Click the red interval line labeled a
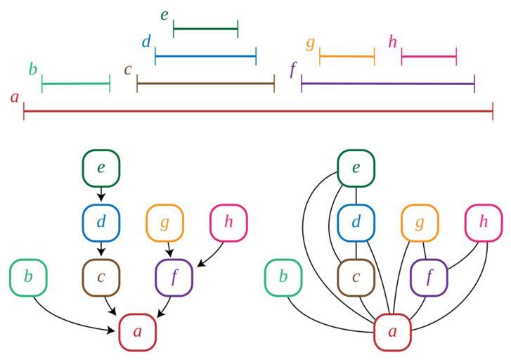click(258, 111)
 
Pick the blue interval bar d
click(205, 56)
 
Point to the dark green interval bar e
click(205, 30)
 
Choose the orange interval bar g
click(347, 56)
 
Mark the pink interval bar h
click(429, 56)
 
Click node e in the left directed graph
click(101, 168)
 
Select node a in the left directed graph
click(138, 332)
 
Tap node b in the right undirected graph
click(283, 277)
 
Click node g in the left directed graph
click(164, 223)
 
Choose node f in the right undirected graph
click(429, 277)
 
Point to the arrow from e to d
click(101, 194)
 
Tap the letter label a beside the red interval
click(15, 98)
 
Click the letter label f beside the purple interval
click(293, 70)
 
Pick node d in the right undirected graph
click(356, 223)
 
